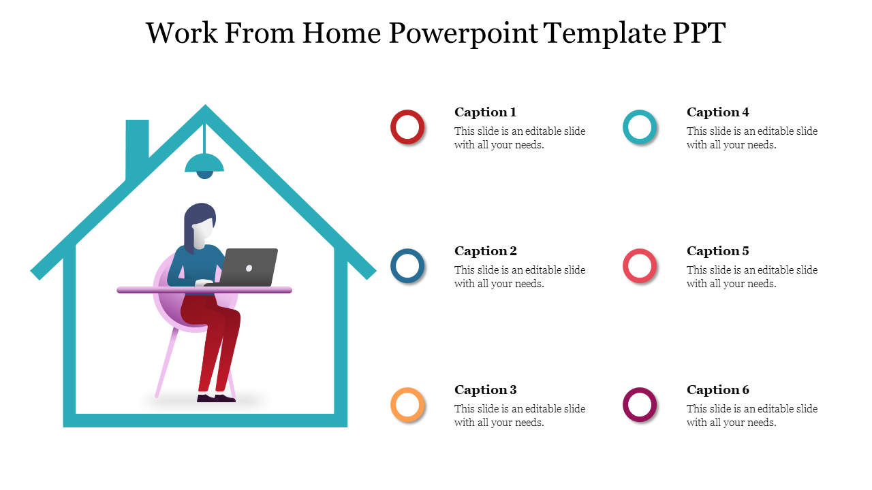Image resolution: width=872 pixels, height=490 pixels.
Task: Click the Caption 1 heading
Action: point(486,112)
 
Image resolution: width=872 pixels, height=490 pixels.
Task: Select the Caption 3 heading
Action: point(486,390)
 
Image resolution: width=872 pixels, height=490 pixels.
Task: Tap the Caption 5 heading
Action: point(717,251)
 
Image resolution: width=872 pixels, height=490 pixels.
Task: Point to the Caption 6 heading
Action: point(717,390)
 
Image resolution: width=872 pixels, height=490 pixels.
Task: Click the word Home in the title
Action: point(341,33)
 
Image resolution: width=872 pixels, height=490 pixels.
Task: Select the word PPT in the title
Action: point(699,33)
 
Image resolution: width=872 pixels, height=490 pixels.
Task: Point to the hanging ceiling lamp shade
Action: point(204,163)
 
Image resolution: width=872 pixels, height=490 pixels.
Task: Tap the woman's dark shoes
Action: point(216,398)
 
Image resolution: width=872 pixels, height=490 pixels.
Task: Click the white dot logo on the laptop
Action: point(249,268)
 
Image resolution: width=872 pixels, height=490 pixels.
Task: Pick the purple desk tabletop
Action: point(204,290)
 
